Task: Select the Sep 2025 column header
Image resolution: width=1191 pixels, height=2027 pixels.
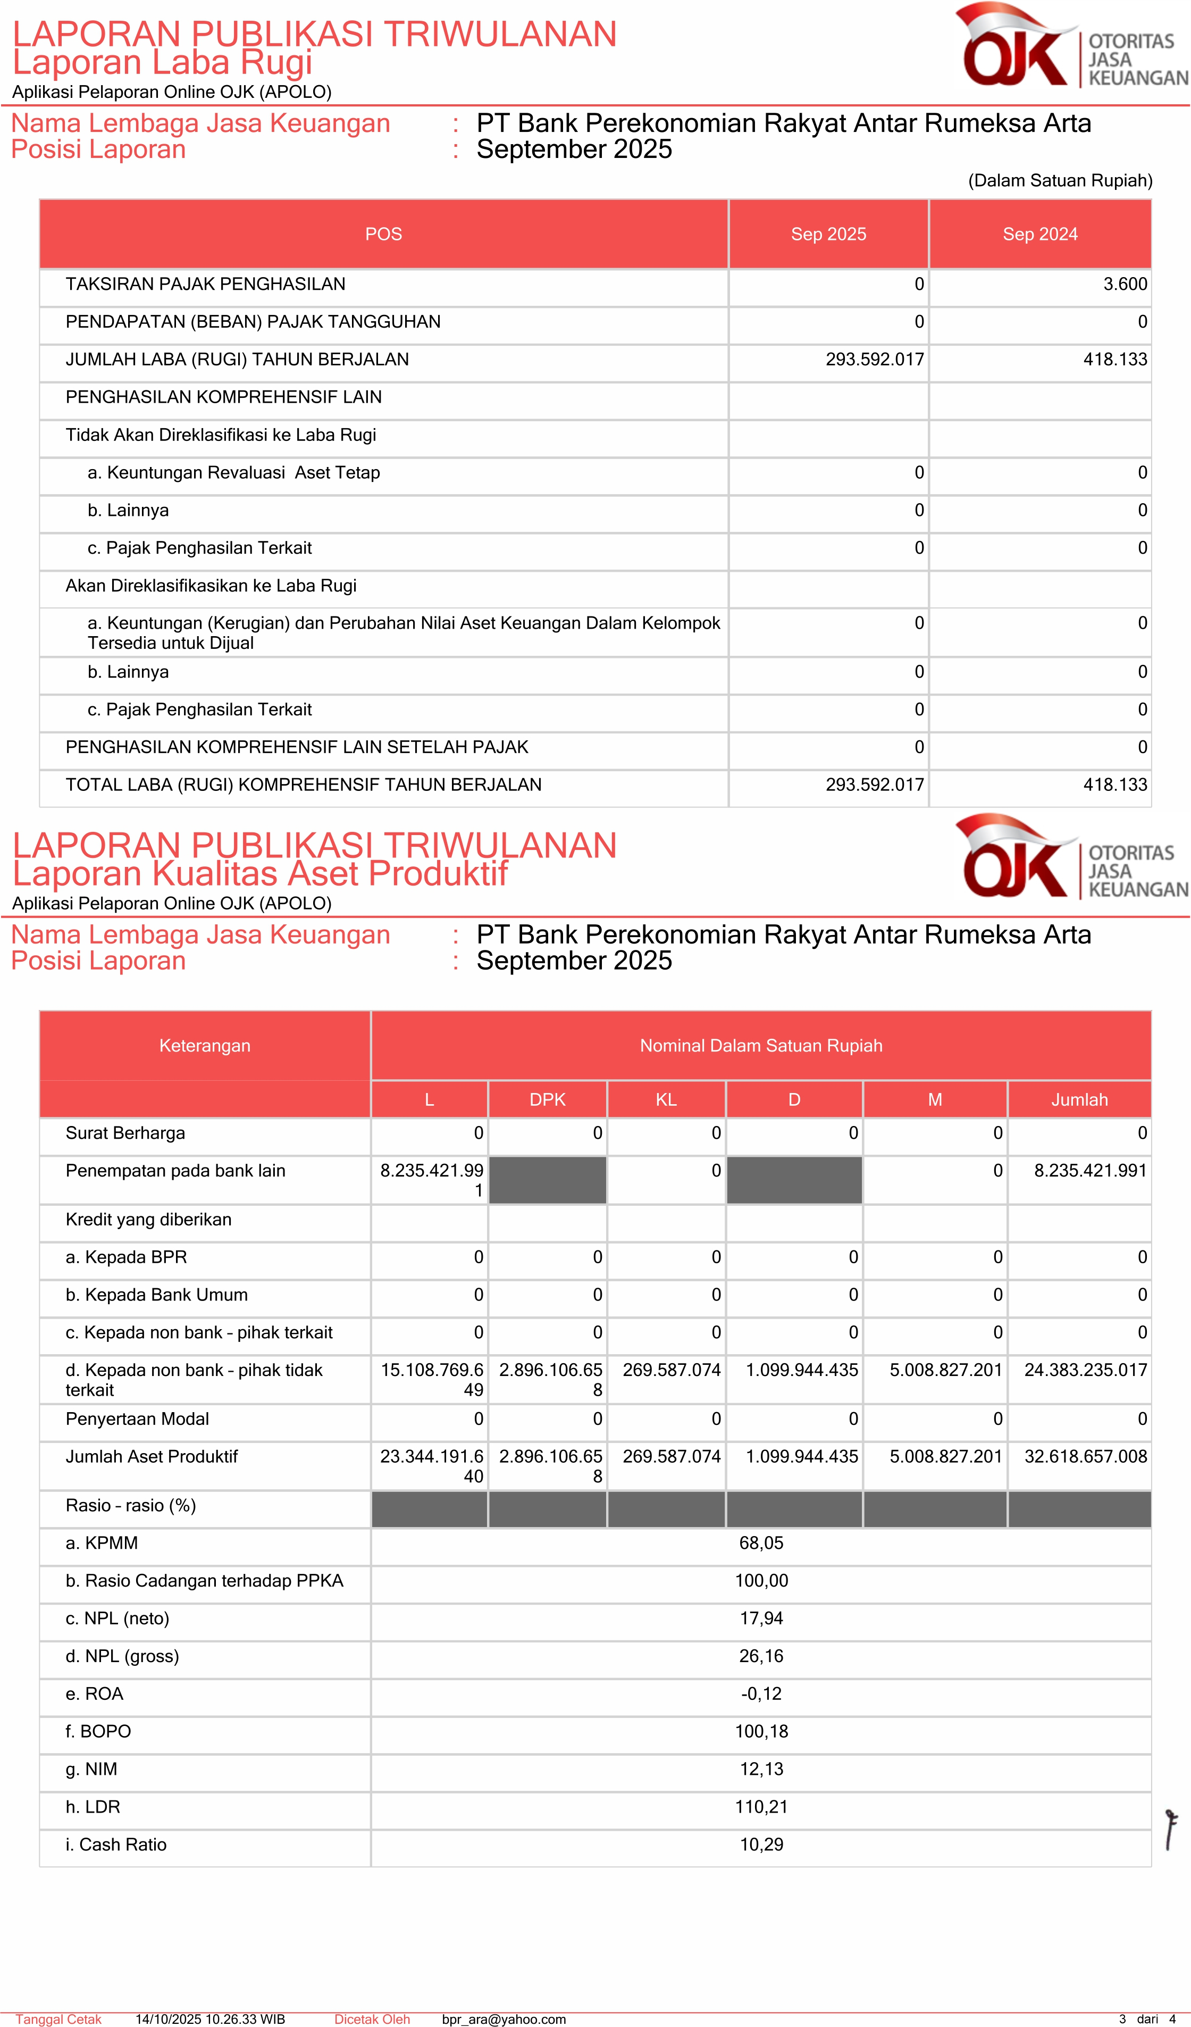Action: click(x=828, y=234)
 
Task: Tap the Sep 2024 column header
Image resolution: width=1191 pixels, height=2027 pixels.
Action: click(x=1040, y=234)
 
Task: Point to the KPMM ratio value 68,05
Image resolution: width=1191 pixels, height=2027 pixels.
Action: click(x=761, y=1543)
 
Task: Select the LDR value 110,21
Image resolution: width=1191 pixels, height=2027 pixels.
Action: click(x=761, y=1807)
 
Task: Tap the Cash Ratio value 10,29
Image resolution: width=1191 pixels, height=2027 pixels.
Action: click(x=761, y=1845)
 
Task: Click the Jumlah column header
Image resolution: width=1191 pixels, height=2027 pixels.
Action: click(x=1079, y=1099)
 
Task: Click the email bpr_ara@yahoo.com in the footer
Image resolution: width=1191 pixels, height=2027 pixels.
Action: click(x=504, y=2019)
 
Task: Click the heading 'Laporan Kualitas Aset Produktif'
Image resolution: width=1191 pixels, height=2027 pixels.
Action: click(x=260, y=873)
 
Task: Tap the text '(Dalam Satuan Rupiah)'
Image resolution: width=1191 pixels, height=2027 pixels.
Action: click(x=1060, y=180)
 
